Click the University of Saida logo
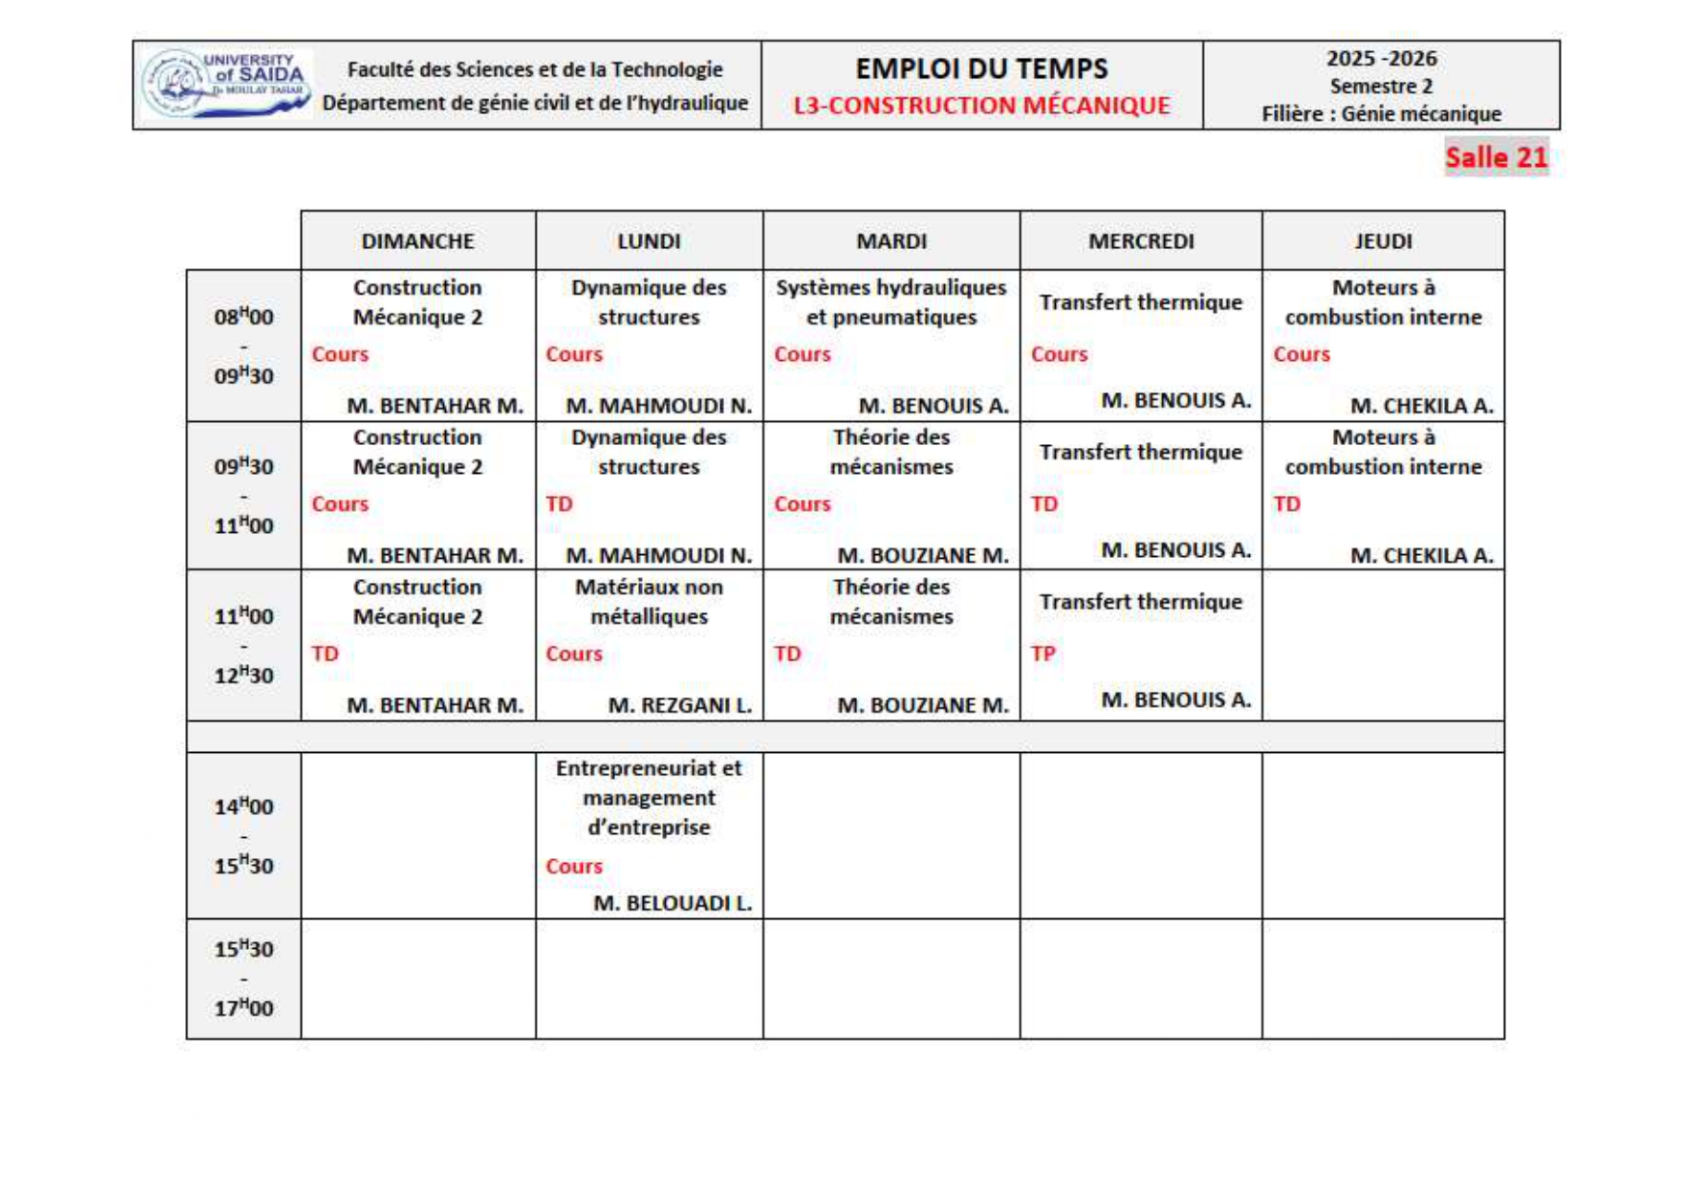tap(226, 84)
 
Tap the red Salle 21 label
tap(1495, 157)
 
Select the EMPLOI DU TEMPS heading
tap(981, 69)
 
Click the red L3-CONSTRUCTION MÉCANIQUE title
tap(981, 105)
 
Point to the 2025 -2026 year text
tap(1380, 59)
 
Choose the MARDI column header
tap(891, 241)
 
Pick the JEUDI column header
tap(1382, 241)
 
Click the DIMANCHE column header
tap(417, 241)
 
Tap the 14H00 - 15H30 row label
tap(243, 835)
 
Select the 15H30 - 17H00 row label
tap(243, 978)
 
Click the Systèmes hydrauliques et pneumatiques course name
tap(891, 302)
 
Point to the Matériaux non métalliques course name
tap(649, 601)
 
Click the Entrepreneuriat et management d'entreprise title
tap(649, 797)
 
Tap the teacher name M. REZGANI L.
tap(680, 706)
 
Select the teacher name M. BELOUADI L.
tap(672, 904)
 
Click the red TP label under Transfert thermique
tap(1042, 654)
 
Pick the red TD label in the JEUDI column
tap(1286, 504)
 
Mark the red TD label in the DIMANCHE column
tap(325, 654)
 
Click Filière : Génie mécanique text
tap(1380, 114)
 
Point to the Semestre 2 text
tap(1380, 86)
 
